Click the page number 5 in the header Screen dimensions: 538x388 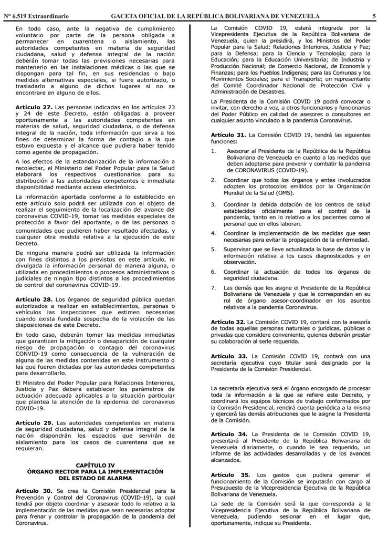[x=374, y=16]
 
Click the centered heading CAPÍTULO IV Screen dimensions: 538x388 [x=95, y=465]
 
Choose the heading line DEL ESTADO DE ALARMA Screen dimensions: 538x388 [x=95, y=478]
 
